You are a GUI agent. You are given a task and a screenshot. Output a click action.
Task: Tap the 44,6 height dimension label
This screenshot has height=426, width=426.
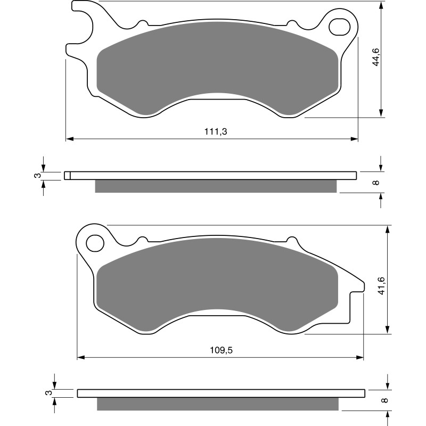coord(375,57)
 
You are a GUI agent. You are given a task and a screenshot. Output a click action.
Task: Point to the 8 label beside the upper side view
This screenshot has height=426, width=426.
coord(375,183)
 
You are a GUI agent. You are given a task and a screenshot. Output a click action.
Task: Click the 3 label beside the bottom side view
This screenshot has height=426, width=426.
coord(50,394)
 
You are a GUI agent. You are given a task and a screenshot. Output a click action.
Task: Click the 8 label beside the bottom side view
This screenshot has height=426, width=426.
coord(384,400)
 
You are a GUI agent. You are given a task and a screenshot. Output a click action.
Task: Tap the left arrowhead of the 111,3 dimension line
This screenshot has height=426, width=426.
coord(69,139)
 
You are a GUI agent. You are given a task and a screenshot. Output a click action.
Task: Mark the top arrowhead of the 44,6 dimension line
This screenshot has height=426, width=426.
coord(381,6)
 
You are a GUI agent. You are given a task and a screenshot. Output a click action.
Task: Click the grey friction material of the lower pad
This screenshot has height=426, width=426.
coord(217,285)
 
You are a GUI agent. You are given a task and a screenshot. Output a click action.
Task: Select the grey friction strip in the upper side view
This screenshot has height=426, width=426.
coord(216,186)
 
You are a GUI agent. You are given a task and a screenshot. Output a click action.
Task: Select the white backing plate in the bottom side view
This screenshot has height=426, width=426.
coord(222,394)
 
